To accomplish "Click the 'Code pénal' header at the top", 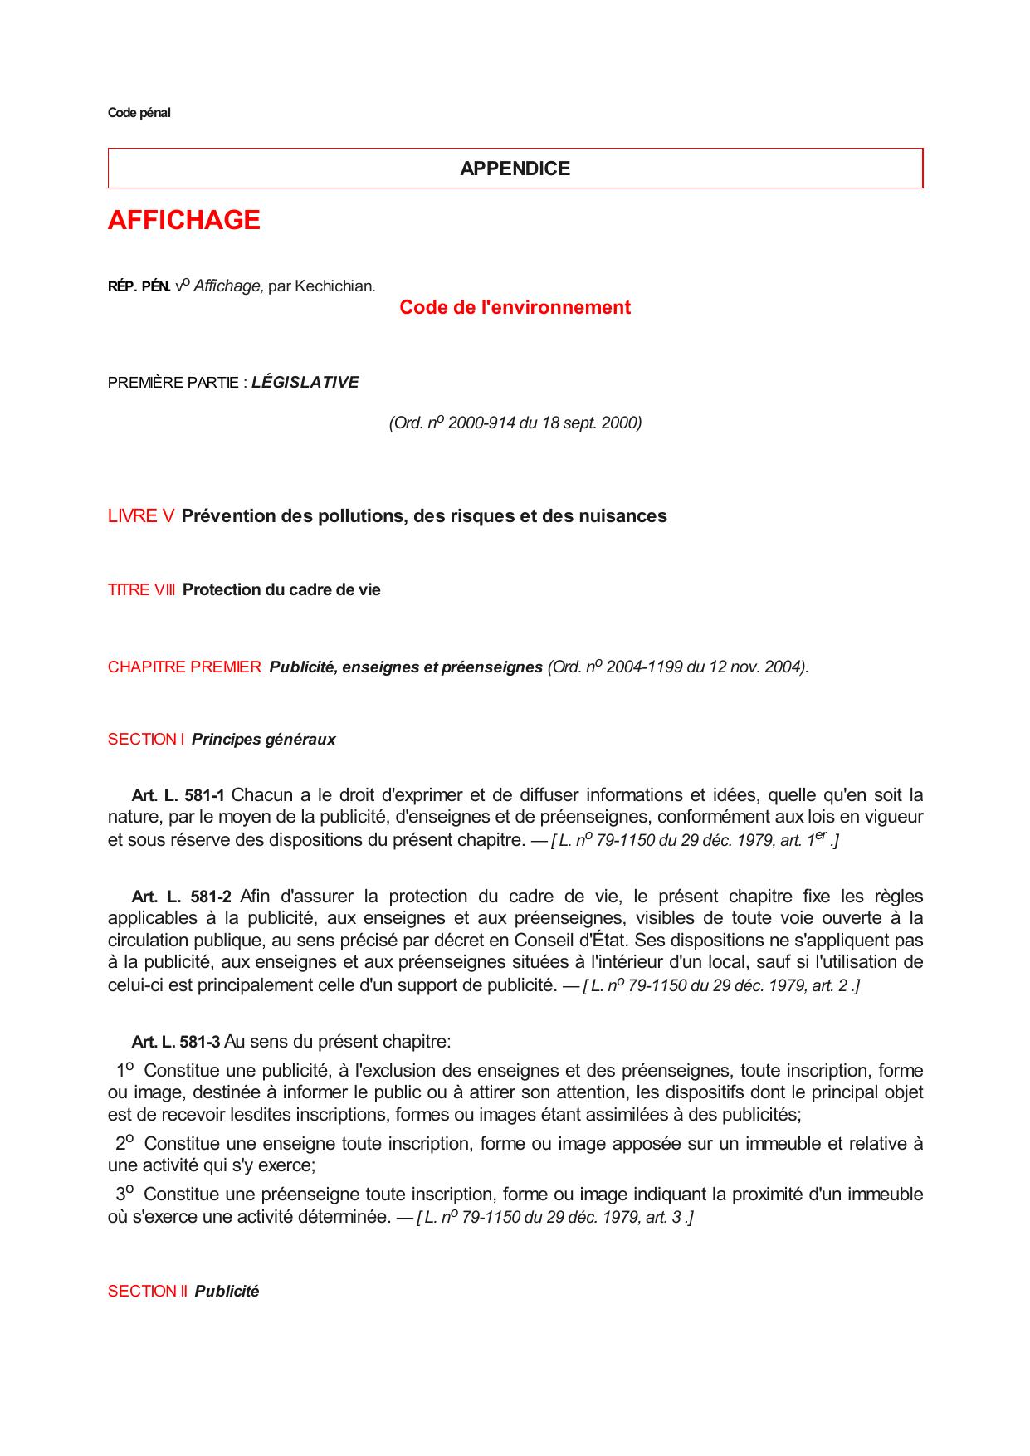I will [139, 113].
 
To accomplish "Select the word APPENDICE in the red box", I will [515, 169].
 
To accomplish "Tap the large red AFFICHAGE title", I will [183, 220].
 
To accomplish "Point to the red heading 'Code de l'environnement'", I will [515, 307].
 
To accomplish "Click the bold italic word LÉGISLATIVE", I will [305, 383].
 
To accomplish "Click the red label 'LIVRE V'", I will [141, 516].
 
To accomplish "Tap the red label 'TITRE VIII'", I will [141, 590].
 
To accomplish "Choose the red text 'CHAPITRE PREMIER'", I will [184, 667].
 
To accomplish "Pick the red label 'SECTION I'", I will [146, 740].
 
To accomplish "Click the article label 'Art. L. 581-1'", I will [178, 796].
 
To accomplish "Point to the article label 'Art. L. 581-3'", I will [176, 1042].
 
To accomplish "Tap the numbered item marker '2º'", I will [125, 1143].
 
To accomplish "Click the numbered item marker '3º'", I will [125, 1194].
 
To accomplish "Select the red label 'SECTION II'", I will [148, 1292].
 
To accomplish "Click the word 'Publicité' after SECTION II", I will [227, 1292].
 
